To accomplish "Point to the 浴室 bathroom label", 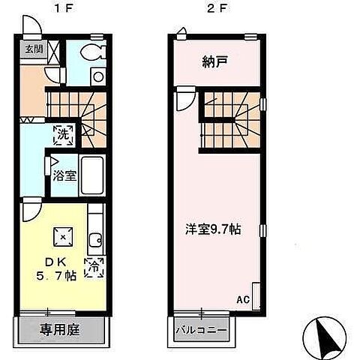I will pos(63,176).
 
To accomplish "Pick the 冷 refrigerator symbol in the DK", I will pos(96,265).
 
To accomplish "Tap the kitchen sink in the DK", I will pos(95,241).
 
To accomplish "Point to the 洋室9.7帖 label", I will pos(213,228).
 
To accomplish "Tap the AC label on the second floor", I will pos(242,298).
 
